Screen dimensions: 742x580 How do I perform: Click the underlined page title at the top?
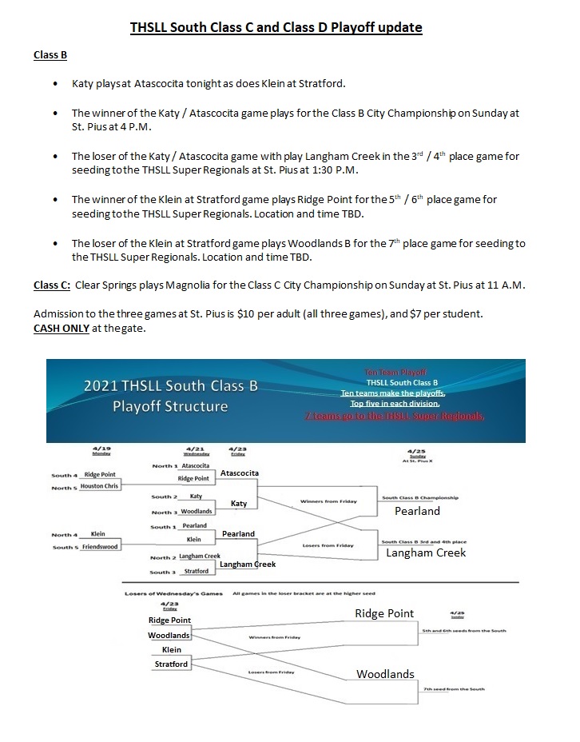[x=276, y=28]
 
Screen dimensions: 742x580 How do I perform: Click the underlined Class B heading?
[x=50, y=55]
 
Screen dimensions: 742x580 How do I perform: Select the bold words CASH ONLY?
[x=61, y=329]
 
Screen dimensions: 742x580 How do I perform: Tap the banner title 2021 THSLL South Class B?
[x=171, y=386]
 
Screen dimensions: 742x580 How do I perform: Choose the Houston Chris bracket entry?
[x=99, y=486]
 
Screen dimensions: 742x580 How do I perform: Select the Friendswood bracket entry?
[x=100, y=547]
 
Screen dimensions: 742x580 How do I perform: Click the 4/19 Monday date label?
[x=101, y=451]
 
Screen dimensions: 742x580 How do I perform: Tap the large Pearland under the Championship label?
[x=418, y=511]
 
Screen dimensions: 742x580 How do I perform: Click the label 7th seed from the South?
[x=454, y=688]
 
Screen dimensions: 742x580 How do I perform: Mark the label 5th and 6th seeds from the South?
[x=455, y=630]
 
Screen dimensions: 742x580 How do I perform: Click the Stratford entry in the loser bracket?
[x=171, y=664]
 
